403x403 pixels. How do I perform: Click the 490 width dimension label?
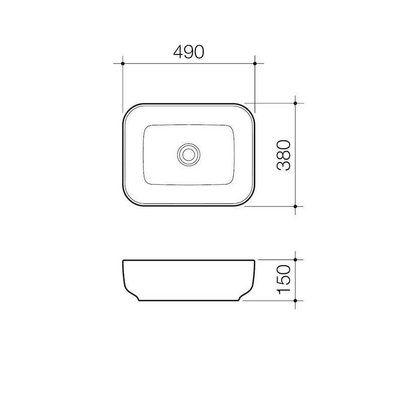pyautogui.click(x=189, y=52)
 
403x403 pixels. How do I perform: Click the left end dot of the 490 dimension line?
pyautogui.click(x=123, y=63)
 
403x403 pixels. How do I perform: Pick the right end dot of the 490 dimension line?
pyautogui.click(x=255, y=63)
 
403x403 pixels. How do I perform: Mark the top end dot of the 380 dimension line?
pyautogui.click(x=295, y=103)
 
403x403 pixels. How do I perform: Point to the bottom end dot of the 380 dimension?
pyautogui.click(x=295, y=206)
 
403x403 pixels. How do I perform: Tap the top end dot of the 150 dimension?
pyautogui.click(x=295, y=260)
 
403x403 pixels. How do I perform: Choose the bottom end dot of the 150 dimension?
pyautogui.click(x=295, y=300)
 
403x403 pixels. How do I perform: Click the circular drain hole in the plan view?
pyautogui.click(x=189, y=154)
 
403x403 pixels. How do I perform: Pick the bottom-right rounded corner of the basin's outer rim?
pyautogui.click(x=250, y=200)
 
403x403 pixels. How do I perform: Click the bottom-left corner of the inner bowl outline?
pyautogui.click(x=147, y=181)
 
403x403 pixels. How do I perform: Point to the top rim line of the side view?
pyautogui.click(x=189, y=260)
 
